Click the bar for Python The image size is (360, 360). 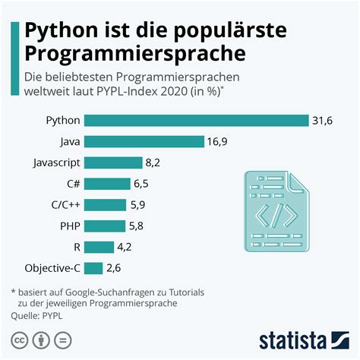point(196,121)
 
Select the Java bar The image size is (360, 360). point(144,141)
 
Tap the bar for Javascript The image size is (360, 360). point(113,163)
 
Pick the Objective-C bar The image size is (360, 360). point(93,267)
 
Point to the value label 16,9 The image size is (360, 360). point(219,141)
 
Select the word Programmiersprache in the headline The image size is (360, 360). point(136,55)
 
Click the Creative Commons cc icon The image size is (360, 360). point(18,339)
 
